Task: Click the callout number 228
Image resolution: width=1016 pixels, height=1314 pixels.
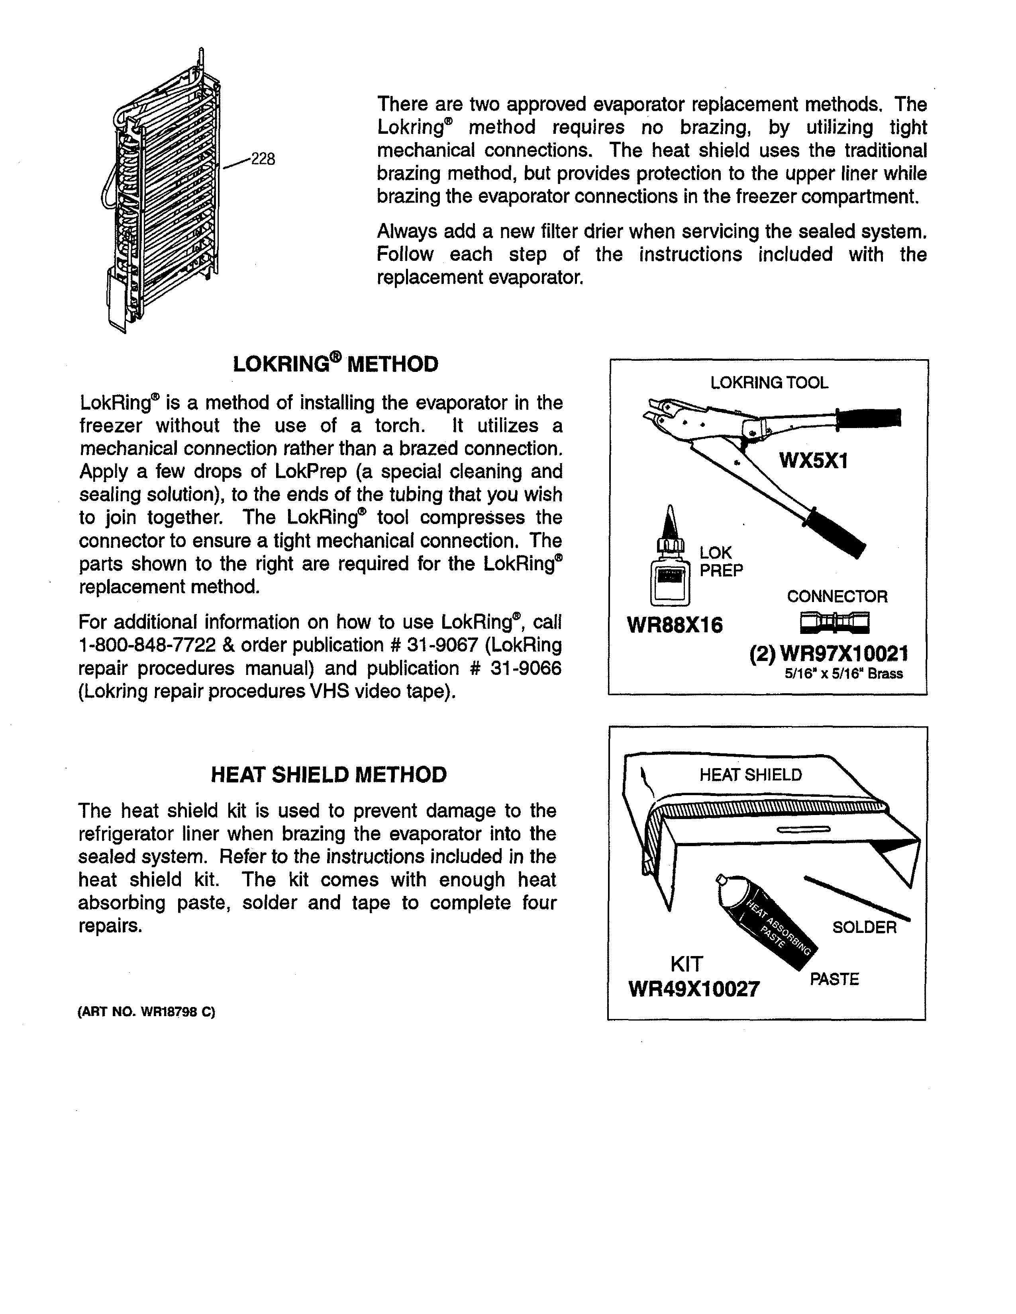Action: tap(263, 159)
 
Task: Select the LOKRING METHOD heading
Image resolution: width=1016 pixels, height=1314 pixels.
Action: tap(335, 365)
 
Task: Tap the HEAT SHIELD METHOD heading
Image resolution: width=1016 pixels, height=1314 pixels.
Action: tap(329, 774)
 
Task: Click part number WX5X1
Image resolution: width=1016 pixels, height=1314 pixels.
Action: tap(813, 461)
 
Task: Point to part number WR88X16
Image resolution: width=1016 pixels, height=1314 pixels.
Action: tap(674, 626)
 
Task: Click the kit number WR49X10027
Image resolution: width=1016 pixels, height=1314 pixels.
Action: tap(693, 989)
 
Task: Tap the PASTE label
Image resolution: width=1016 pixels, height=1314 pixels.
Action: tap(834, 980)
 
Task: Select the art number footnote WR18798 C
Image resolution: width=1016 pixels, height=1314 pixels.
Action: tap(146, 1012)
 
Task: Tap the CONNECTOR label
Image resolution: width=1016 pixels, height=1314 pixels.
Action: tap(837, 597)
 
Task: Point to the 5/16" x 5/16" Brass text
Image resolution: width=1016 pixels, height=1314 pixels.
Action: tap(843, 674)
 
